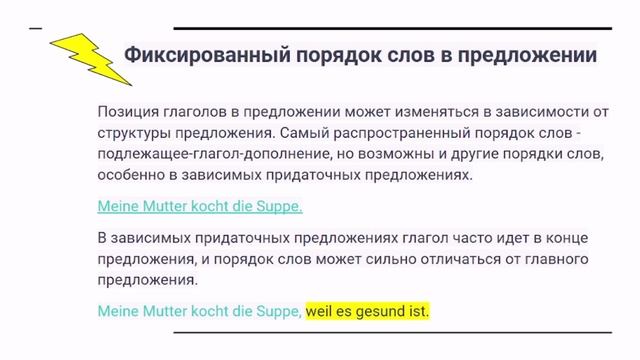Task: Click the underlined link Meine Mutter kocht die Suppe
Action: coord(200,207)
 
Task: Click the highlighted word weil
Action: coord(321,312)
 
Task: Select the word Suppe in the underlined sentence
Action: coord(279,207)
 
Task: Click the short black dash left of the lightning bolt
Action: coord(37,27)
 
